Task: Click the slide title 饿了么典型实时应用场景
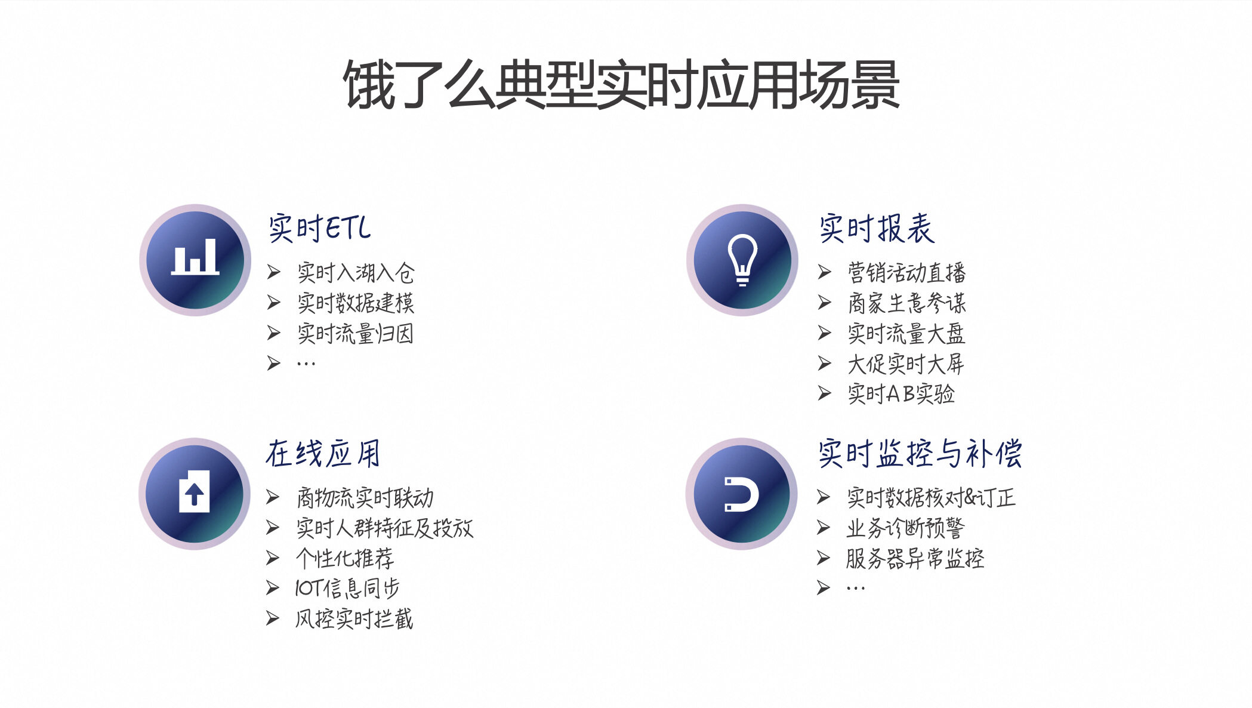(x=621, y=85)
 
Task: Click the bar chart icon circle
(x=195, y=260)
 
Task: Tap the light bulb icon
(x=742, y=260)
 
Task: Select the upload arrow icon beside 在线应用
(x=195, y=493)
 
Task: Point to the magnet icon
(x=741, y=494)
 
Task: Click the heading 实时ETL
(x=319, y=228)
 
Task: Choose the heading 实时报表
(x=876, y=228)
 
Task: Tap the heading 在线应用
(x=323, y=454)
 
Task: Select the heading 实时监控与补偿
(x=920, y=454)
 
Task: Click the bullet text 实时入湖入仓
(x=356, y=273)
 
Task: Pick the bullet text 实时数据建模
(x=356, y=303)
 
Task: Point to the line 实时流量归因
(x=356, y=334)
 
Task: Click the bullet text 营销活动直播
(x=906, y=273)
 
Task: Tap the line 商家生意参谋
(x=906, y=303)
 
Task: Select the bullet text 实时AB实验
(x=901, y=394)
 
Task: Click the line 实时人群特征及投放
(x=385, y=528)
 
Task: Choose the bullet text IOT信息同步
(x=347, y=589)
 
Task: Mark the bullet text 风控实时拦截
(x=354, y=619)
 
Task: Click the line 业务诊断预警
(x=905, y=528)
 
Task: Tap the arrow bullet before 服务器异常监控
(x=824, y=558)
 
